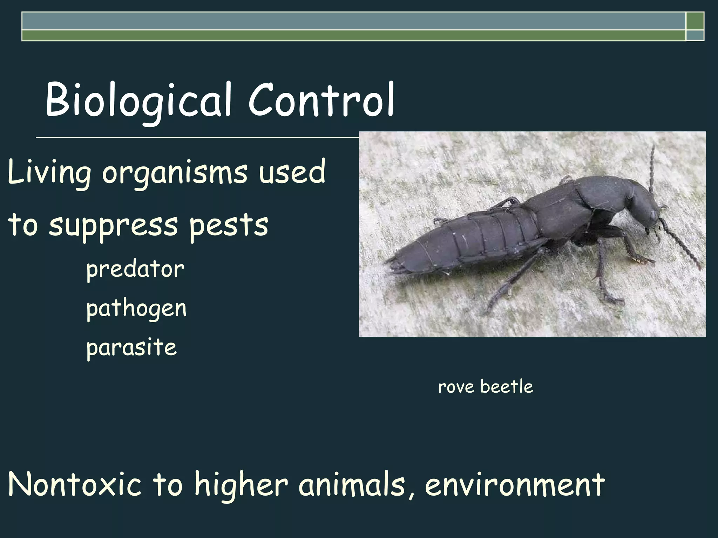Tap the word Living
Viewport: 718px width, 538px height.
pos(49,172)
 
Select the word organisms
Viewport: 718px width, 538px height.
pos(175,172)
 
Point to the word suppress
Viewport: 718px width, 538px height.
pos(113,225)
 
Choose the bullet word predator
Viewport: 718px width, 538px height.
pos(135,270)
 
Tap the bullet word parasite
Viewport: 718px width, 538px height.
pos(131,347)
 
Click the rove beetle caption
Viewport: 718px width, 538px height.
pos(486,387)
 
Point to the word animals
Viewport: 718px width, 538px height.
pos(354,484)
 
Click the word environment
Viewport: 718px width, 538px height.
pos(515,484)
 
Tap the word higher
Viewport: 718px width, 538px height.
pos(241,484)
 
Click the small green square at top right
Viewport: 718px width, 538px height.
pos(695,21)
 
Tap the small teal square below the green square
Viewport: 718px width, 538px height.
pos(695,35)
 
